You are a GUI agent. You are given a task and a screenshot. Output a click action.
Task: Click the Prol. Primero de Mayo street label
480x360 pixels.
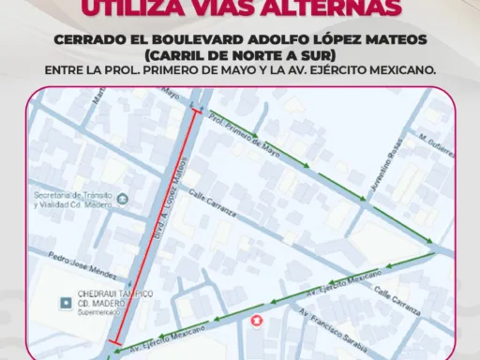point(246,133)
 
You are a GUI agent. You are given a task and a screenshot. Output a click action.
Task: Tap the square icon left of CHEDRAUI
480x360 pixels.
point(65,302)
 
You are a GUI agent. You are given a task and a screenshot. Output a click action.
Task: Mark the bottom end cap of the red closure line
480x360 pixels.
point(113,342)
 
